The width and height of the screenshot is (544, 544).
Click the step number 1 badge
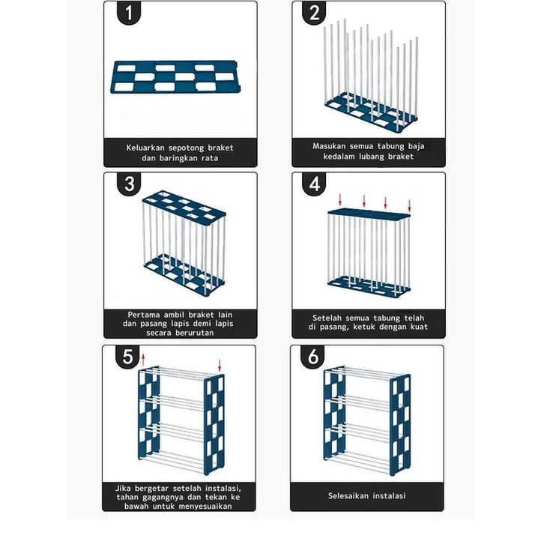click(129, 13)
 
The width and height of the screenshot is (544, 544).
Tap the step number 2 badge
click(314, 13)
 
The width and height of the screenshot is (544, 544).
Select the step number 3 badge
click(129, 184)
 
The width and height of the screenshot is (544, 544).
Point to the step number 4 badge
click(314, 184)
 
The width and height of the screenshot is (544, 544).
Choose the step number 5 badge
click(127, 357)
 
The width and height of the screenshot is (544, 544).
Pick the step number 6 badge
click(313, 357)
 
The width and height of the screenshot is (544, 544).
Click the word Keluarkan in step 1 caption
click(145, 148)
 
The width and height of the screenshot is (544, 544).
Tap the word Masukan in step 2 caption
click(329, 146)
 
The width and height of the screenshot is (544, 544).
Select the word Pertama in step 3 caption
click(144, 315)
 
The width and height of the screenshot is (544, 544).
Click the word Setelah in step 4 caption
click(327, 318)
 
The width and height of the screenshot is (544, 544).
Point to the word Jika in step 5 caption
click(123, 488)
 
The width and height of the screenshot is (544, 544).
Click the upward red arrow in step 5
click(143, 360)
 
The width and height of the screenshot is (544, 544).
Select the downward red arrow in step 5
click(220, 366)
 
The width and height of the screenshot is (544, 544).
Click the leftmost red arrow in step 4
click(340, 199)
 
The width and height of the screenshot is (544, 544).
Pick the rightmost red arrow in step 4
click(409, 206)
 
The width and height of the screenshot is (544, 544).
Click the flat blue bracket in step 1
click(175, 77)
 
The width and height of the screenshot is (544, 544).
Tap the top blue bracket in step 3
click(184, 208)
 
